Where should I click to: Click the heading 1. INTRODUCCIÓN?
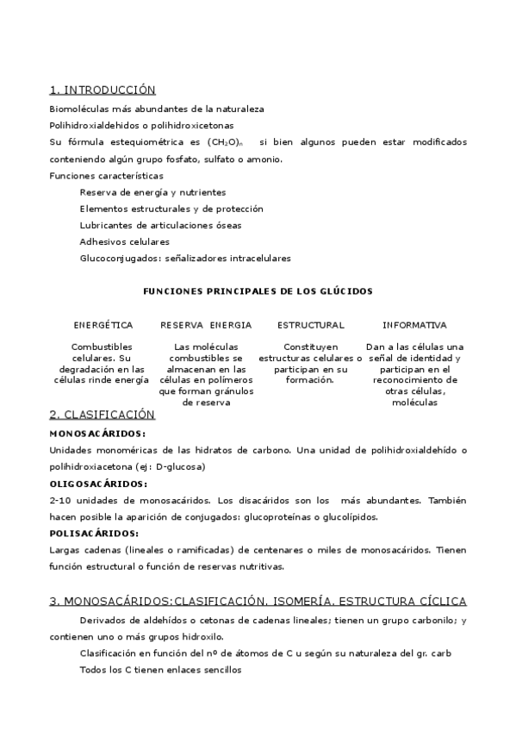click(103, 90)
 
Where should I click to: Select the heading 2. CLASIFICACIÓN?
click(102, 415)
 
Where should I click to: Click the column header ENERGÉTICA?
click(103, 325)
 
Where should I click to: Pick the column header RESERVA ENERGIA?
click(206, 325)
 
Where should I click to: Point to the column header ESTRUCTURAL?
click(310, 325)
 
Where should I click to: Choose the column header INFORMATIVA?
click(414, 325)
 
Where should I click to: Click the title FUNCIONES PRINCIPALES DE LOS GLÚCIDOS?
click(258, 291)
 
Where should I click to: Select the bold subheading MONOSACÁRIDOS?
click(97, 434)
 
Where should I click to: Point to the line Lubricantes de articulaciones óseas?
click(160, 225)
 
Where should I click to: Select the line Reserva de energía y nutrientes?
click(152, 192)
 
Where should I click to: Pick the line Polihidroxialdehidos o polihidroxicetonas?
click(146, 125)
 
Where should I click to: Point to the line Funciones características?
click(106, 176)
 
